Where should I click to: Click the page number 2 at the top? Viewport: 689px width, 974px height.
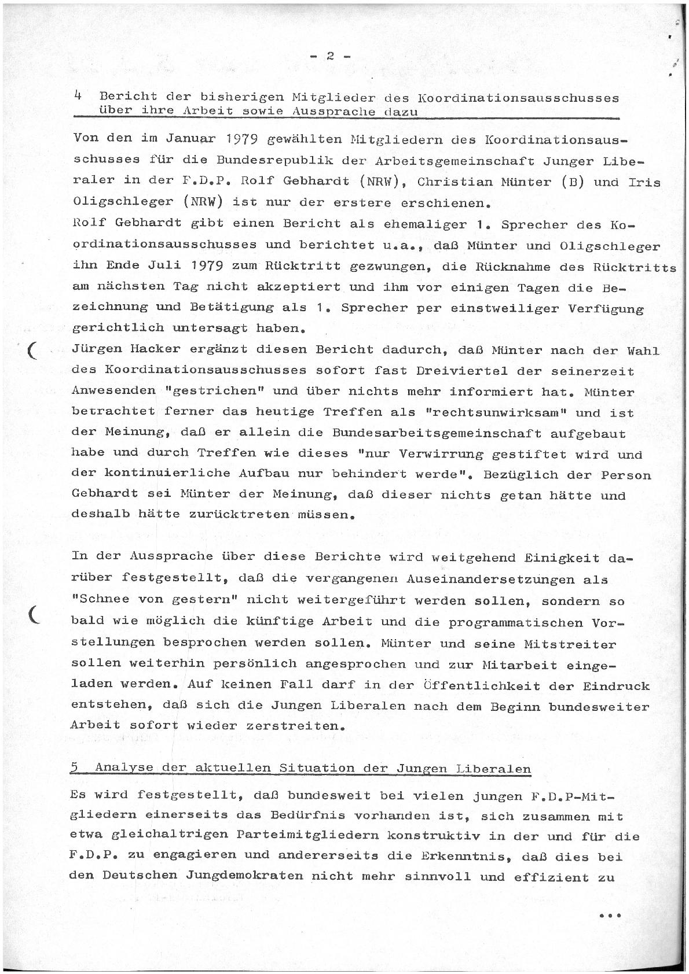[330, 56]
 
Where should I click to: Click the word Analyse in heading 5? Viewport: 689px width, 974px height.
[124, 768]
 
